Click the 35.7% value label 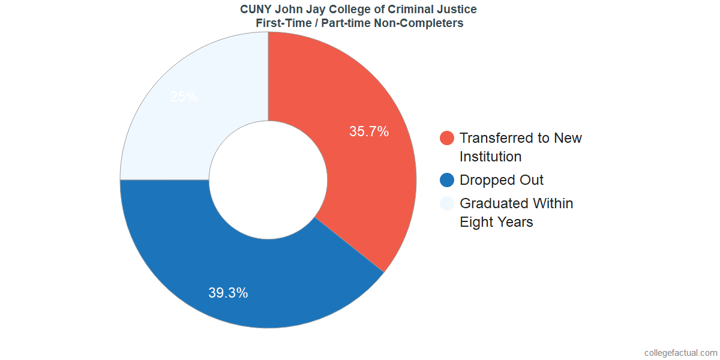pos(369,131)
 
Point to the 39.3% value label pos(228,293)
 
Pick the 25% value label pos(184,97)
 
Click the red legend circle pos(447,138)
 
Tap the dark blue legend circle pos(447,180)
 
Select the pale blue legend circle pos(447,203)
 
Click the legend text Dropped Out pos(502,180)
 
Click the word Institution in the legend pos(490,157)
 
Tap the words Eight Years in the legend pos(496,222)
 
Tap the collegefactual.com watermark pos(680,353)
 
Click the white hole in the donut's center pos(268,180)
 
